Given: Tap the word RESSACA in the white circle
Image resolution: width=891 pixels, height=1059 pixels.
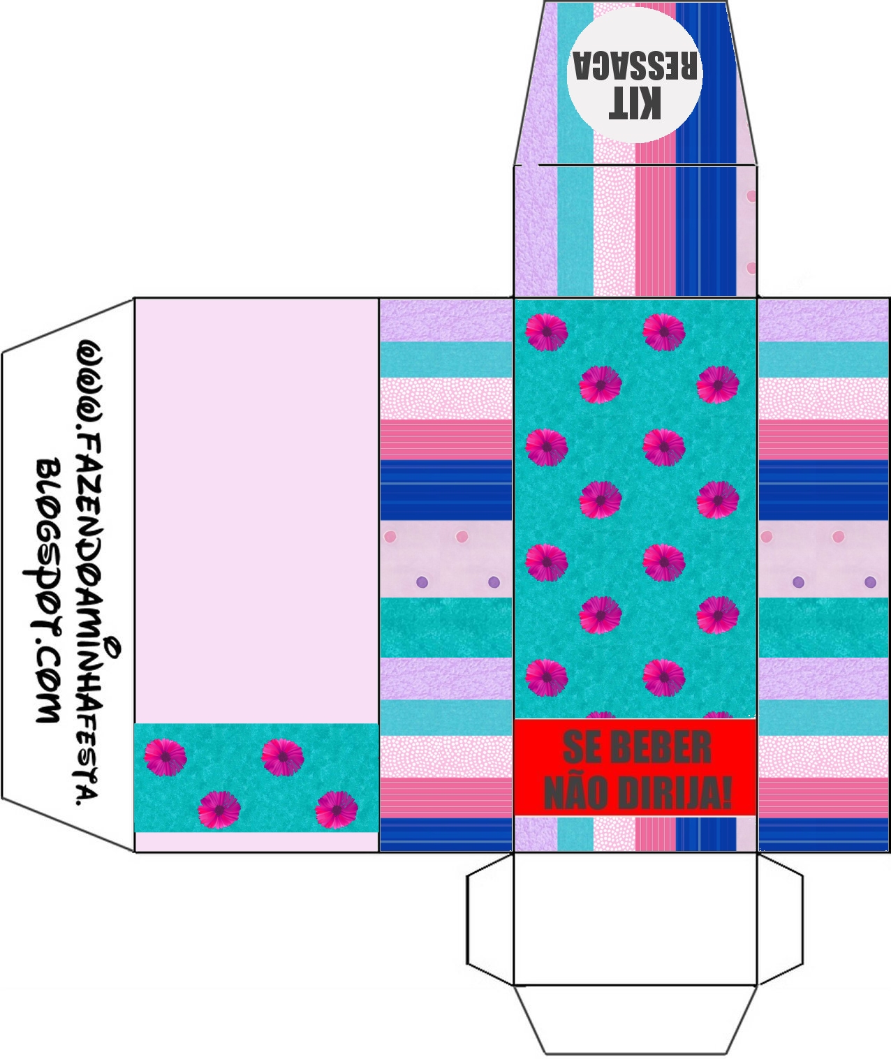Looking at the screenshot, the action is pyautogui.click(x=635, y=66).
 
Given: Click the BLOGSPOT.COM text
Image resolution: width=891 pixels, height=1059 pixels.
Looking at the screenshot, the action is pyautogui.click(x=47, y=591).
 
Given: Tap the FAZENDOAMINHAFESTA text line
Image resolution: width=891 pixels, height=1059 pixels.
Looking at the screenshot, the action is pyautogui.click(x=91, y=572).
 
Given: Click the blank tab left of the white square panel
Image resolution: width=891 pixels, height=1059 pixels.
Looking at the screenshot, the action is pyautogui.click(x=490, y=919).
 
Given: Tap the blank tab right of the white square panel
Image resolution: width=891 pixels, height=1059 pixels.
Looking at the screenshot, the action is pyautogui.click(x=780, y=919).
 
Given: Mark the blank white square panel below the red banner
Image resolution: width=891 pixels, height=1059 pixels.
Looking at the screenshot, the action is pyautogui.click(x=635, y=919).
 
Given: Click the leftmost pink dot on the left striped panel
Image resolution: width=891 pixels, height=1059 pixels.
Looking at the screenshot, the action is pyautogui.click(x=390, y=537).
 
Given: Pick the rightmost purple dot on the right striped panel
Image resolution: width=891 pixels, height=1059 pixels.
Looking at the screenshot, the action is pyautogui.click(x=870, y=582).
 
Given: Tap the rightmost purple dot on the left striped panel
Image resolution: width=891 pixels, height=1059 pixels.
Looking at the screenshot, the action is pyautogui.click(x=494, y=582).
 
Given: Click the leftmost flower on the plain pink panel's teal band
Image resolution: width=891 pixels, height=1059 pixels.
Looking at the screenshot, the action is pyautogui.click(x=165, y=756).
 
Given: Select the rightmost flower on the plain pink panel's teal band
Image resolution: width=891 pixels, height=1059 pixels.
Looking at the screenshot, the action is pyautogui.click(x=337, y=810).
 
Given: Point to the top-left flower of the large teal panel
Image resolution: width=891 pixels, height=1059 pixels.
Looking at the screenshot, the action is pyautogui.click(x=546, y=332).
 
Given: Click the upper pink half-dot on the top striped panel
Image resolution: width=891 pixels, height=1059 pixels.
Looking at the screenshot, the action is pyautogui.click(x=752, y=196).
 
